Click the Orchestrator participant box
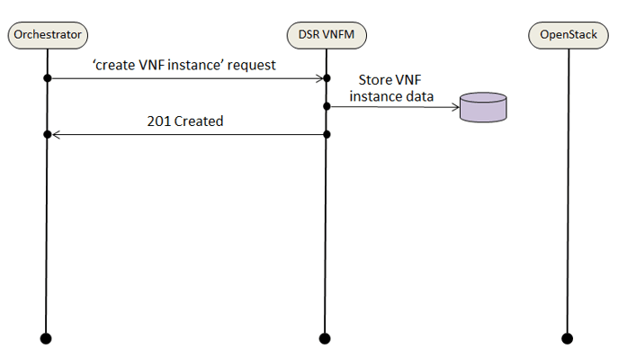(47, 35)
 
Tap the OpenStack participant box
(568, 35)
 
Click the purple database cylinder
(483, 106)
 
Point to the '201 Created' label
(184, 121)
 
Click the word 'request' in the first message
(254, 66)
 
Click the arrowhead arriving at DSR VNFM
(319, 79)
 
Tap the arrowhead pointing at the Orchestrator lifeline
(54, 135)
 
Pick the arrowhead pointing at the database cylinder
(454, 106)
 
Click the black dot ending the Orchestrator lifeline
(47, 338)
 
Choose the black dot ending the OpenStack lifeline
(568, 338)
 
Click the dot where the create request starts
(47, 79)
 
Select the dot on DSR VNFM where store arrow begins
(327, 106)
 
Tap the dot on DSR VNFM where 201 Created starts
(327, 135)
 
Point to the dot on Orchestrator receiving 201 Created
(47, 135)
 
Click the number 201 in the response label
(159, 121)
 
